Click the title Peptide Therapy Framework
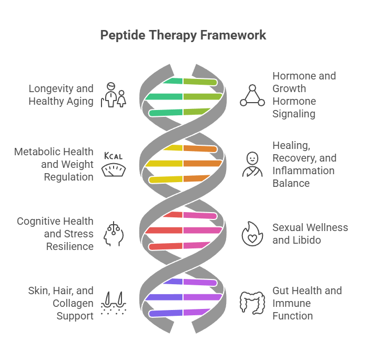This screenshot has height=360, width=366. (183, 35)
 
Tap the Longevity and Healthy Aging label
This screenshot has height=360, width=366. (60, 95)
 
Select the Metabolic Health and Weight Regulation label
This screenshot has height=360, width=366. (54, 164)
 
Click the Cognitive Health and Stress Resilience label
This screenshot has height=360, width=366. (55, 234)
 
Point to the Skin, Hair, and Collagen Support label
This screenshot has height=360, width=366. (60, 303)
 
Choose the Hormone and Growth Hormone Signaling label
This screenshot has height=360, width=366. (304, 95)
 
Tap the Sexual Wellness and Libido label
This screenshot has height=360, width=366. (310, 234)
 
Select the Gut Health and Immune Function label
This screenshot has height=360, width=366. (307, 303)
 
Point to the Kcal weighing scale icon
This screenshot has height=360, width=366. (114, 164)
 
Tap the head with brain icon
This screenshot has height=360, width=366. (114, 234)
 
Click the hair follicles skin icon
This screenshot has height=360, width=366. (114, 303)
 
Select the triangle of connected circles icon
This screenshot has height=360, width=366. (252, 95)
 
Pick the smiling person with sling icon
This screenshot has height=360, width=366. (252, 164)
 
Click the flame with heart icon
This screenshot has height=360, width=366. (252, 234)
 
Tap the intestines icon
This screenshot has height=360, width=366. (252, 303)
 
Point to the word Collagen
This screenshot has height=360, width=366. (73, 303)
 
